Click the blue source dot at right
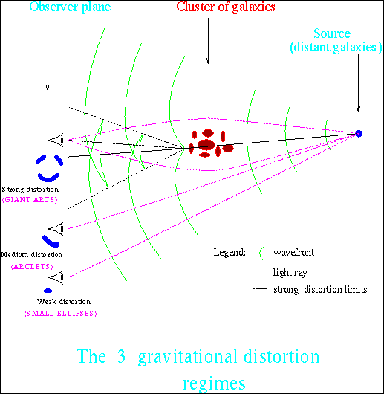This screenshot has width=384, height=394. (359, 133)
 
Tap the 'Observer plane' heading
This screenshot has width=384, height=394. (70, 7)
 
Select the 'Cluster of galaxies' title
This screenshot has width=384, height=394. (226, 7)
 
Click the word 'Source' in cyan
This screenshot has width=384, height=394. (332, 33)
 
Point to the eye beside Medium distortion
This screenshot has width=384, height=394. (56, 229)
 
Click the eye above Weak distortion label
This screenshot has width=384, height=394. (56, 277)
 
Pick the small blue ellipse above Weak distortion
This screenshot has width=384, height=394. (48, 291)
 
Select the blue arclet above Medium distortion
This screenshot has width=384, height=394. (51, 241)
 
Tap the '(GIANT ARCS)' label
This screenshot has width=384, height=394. (30, 200)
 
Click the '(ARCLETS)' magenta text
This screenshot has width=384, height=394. (32, 266)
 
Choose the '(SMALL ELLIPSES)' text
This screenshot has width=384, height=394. (60, 313)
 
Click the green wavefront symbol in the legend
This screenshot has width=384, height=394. (261, 253)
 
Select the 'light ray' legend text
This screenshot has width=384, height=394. (290, 272)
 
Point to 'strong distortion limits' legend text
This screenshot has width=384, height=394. (320, 290)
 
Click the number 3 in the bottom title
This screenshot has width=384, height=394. (121, 356)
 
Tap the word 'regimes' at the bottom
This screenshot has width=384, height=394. (214, 384)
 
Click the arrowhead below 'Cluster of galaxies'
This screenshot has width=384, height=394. (208, 61)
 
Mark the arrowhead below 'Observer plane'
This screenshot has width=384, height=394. (48, 88)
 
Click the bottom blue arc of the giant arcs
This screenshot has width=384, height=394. (49, 177)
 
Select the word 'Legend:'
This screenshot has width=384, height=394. (230, 252)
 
